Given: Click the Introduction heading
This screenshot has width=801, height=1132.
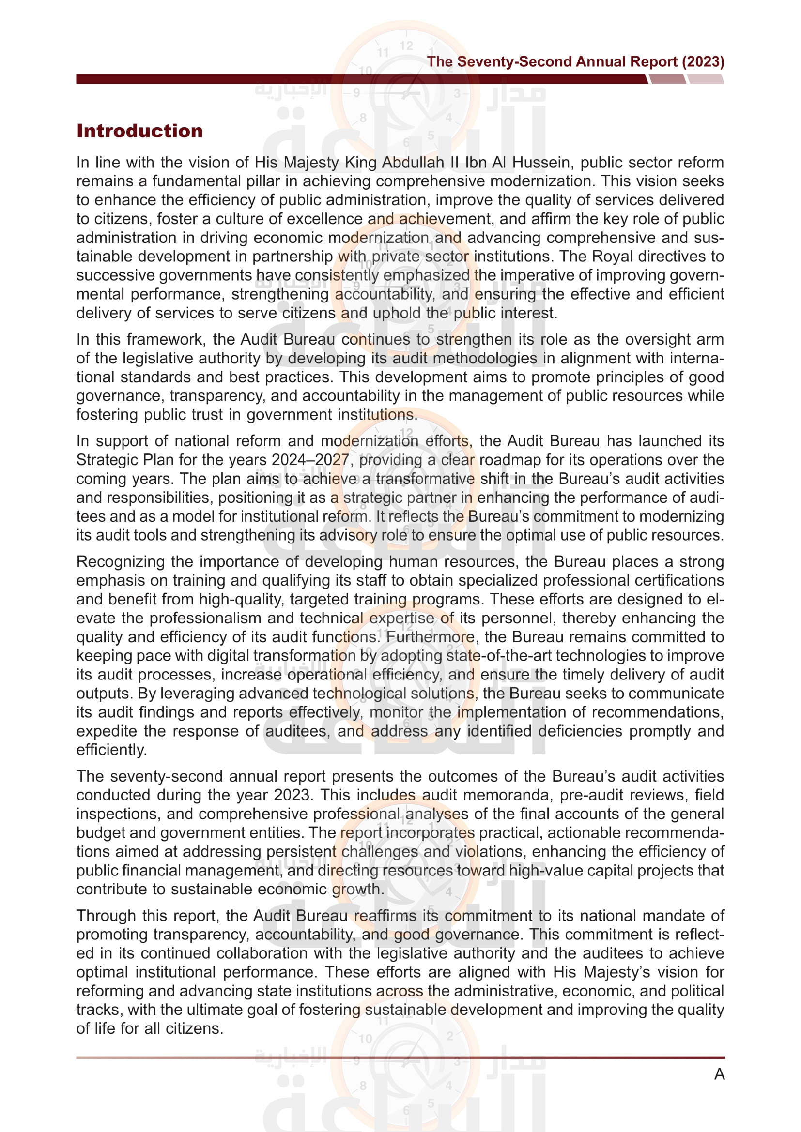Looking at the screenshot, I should click(x=139, y=131).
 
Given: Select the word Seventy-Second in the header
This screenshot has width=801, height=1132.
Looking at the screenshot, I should click(x=514, y=61).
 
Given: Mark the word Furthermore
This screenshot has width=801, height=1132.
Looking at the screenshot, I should click(x=430, y=637).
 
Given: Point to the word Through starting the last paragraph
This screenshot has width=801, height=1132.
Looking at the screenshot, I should click(x=106, y=916).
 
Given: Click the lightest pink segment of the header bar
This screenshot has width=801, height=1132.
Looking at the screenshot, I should click(x=705, y=79).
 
